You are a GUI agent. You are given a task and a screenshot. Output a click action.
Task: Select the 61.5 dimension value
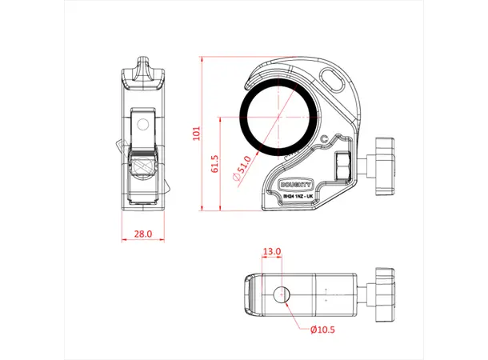[214, 164]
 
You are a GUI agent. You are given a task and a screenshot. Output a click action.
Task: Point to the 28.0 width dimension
[143, 235]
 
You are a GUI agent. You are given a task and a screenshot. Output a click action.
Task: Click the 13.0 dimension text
[273, 251]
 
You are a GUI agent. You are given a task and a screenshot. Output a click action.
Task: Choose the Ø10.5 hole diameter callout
[322, 329]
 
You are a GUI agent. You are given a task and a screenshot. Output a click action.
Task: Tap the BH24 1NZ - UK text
[299, 196]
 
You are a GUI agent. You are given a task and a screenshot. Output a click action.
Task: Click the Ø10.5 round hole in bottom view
[280, 294]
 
